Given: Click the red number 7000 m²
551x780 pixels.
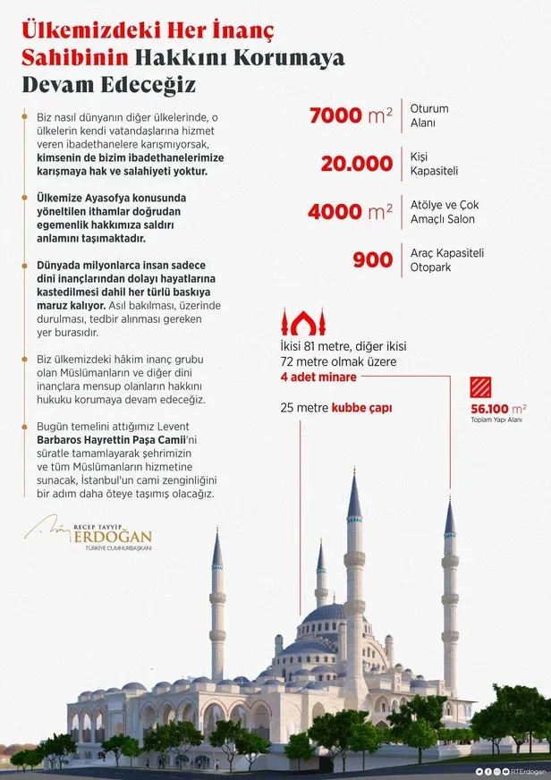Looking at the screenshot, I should [350, 116].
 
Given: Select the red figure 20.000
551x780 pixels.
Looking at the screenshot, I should [356, 164].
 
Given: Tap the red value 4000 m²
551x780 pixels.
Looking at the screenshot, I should [350, 212].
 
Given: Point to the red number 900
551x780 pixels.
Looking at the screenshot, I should [372, 259].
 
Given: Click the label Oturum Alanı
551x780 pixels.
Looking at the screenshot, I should [429, 115].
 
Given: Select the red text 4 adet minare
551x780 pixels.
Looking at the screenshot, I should [318, 377].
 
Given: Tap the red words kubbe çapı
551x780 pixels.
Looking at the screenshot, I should [361, 407].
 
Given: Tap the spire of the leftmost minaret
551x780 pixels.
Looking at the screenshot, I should [216, 547].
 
